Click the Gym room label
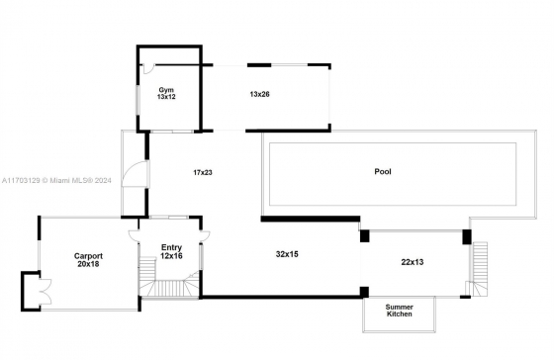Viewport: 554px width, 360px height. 166,90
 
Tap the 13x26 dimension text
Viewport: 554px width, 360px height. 259,94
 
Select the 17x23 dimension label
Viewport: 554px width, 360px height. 203,173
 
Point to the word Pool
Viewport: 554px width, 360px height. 383,172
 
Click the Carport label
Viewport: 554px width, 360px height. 88,256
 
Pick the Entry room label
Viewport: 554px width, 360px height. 171,247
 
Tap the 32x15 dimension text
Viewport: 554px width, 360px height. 287,254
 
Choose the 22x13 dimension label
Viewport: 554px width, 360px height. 413,262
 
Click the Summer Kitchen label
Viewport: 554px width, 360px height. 400,311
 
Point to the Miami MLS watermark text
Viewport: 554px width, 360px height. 56,181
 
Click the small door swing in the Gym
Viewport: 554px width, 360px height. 148,68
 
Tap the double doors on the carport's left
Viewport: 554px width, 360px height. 46,292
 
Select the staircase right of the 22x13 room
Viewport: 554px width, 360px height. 478,269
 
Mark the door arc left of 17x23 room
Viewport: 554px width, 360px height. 135,174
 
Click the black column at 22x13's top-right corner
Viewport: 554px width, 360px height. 467,236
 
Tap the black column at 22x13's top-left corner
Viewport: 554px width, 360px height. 365,236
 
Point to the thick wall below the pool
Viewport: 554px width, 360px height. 311,219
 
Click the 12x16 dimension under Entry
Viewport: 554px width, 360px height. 171,256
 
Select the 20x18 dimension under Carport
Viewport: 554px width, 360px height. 88,264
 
